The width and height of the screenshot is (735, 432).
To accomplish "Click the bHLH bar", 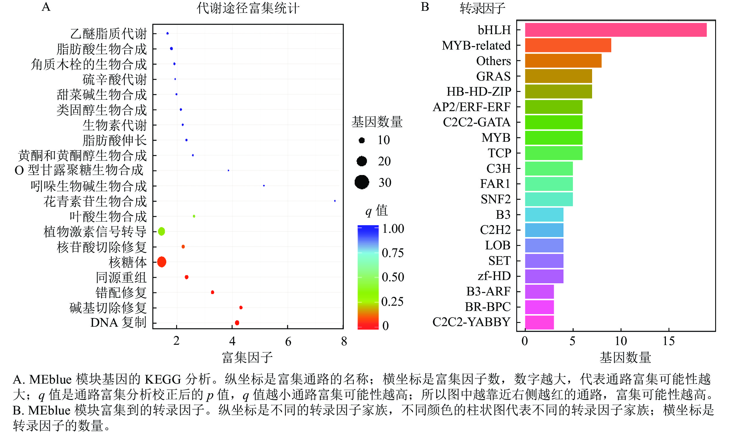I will click(x=615, y=30).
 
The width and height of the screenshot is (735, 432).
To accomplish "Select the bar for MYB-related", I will click(x=568, y=45).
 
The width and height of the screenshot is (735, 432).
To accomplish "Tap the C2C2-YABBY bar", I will click(x=539, y=322).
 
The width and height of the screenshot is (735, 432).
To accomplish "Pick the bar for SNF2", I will click(x=549, y=199).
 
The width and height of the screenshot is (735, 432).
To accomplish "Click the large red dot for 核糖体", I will click(x=162, y=262).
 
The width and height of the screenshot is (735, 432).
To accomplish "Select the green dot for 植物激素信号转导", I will click(x=161, y=231).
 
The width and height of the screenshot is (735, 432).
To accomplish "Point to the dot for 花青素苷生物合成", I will click(x=335, y=201).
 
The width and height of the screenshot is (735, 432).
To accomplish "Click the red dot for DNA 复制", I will click(x=237, y=323).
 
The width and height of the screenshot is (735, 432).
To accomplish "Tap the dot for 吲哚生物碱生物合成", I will click(x=264, y=186).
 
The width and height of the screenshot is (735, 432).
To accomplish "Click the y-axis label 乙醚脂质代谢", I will click(x=108, y=34).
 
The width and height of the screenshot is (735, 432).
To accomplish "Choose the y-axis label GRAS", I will click(x=493, y=76).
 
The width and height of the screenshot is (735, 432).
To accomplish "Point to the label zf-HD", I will click(x=494, y=276).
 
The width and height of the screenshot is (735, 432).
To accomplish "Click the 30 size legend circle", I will click(x=362, y=182).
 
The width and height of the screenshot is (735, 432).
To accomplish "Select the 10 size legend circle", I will click(x=362, y=140).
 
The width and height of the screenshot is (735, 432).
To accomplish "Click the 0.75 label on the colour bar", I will click(x=393, y=253).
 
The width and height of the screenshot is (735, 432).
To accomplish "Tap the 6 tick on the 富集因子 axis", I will click(x=288, y=341).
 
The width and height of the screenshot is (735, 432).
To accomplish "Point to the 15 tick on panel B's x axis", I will click(x=668, y=341).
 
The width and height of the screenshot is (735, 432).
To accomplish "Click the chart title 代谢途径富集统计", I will click(x=248, y=8).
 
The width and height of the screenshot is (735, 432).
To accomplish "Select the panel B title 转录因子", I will click(x=482, y=8).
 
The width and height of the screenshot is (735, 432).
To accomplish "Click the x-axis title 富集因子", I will click(x=247, y=358).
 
